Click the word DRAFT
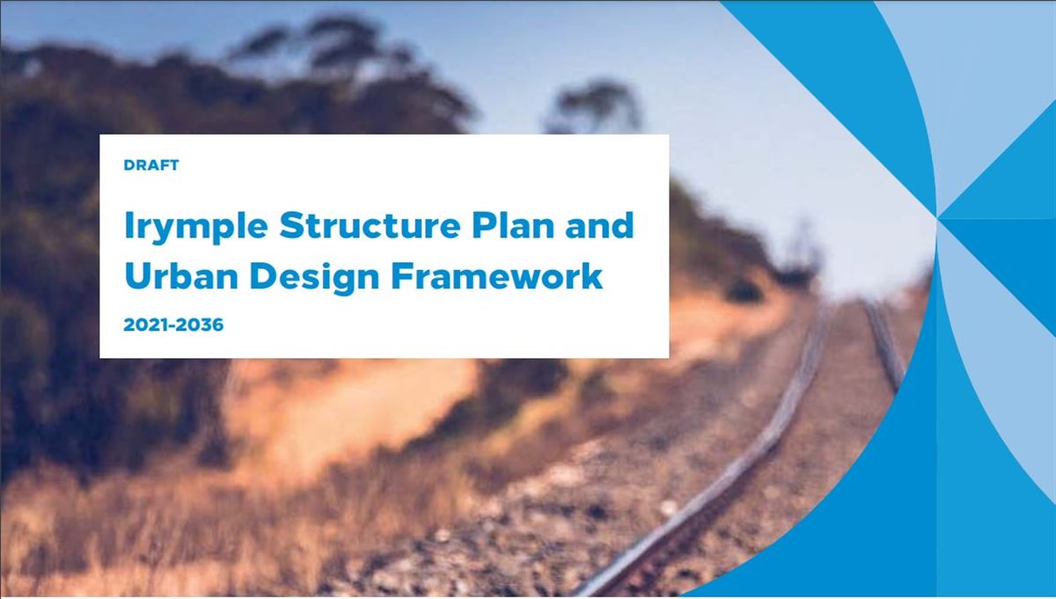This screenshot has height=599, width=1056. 151,165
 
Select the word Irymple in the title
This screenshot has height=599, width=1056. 196,227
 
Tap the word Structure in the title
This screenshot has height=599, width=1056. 370,225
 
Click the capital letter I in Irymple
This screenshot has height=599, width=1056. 128,225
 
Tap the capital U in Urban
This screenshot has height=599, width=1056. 137,275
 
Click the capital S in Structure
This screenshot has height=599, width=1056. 291,225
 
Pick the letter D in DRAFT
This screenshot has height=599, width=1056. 129,165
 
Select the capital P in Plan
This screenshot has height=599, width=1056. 484,225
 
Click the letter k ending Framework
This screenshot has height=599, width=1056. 591,274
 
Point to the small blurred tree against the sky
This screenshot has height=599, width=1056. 593,107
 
